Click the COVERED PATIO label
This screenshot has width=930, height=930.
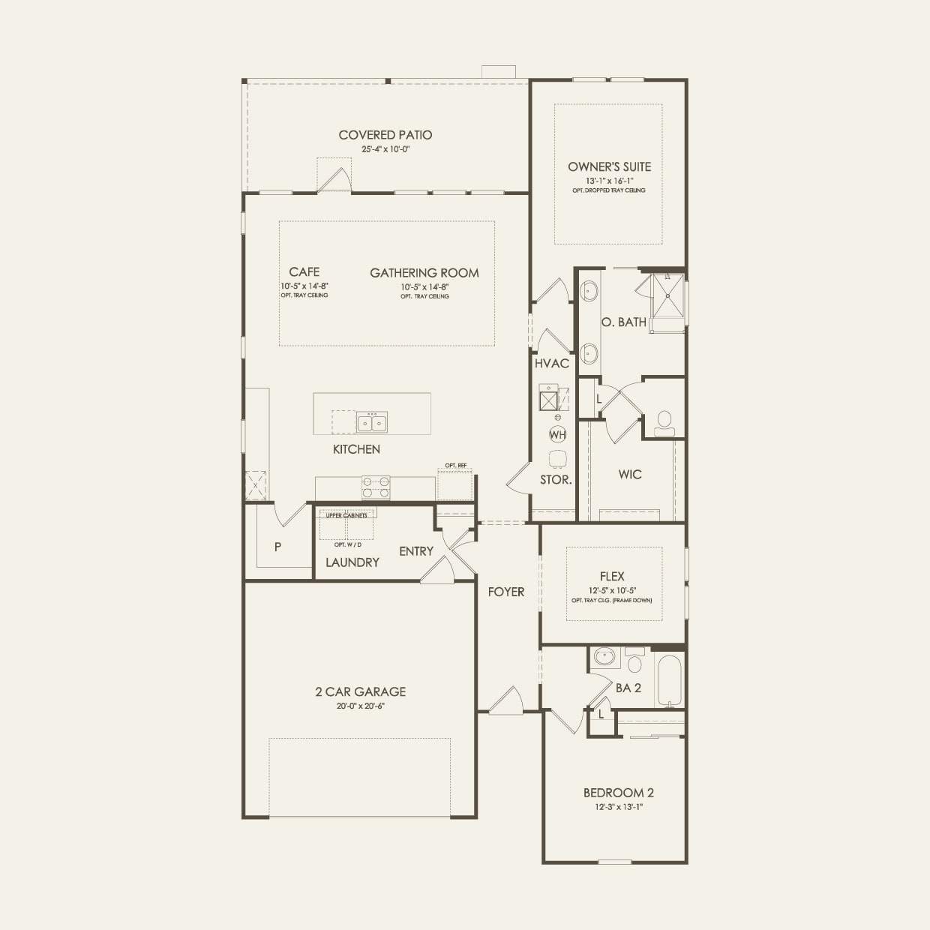[385, 135]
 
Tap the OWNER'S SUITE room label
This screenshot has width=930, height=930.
[609, 166]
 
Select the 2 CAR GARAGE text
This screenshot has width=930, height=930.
[360, 691]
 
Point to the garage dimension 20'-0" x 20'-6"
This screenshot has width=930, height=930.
[360, 706]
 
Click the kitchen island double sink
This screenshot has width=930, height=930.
[371, 423]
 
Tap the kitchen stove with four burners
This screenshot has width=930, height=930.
[376, 487]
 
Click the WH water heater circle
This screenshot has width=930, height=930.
[557, 434]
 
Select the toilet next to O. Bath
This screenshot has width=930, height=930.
[664, 424]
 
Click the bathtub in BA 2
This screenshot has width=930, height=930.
[670, 680]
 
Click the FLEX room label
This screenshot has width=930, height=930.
[612, 576]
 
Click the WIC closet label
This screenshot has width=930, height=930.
[630, 474]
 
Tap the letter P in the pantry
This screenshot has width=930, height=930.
[277, 547]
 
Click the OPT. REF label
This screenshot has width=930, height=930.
[455, 466]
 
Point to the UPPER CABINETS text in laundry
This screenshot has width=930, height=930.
[346, 515]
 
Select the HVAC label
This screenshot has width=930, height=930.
[552, 363]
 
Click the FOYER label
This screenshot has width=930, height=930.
[506, 592]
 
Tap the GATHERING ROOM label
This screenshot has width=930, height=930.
[424, 273]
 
